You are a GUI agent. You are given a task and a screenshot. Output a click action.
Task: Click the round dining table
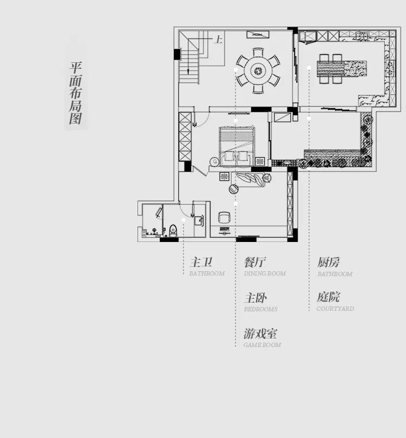click(x=257, y=69)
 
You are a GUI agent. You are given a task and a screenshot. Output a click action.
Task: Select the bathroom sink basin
click(x=198, y=219)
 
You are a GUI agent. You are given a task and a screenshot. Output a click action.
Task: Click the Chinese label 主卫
click(x=200, y=263)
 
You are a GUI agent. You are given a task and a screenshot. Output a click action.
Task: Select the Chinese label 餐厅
click(x=255, y=263)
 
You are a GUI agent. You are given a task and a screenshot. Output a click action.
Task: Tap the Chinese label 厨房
click(x=329, y=263)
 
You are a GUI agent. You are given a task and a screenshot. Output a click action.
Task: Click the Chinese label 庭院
click(x=329, y=297)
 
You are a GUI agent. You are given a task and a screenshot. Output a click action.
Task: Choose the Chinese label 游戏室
click(x=261, y=333)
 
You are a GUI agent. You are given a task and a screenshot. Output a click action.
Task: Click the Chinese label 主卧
click(x=256, y=298)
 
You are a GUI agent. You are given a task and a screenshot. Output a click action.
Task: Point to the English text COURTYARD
click(x=336, y=309)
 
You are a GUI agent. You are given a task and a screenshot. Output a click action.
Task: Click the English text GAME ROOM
click(x=262, y=345)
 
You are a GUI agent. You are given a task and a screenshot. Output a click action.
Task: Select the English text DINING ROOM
click(x=265, y=274)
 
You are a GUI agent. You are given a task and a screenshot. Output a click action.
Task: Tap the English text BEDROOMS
click(x=260, y=309)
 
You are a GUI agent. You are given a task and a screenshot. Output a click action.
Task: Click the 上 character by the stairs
click(x=218, y=40)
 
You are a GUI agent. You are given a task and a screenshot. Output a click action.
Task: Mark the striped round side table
click(x=234, y=188)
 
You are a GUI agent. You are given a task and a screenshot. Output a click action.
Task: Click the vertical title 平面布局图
click(x=76, y=93)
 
